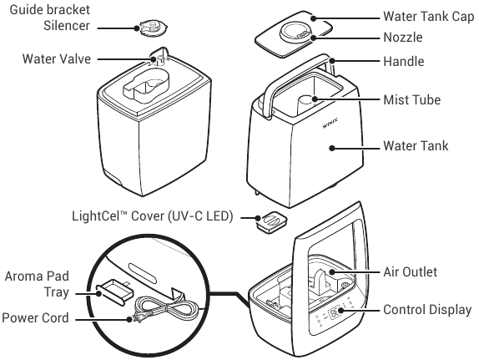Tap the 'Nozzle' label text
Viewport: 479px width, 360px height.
(x=403, y=38)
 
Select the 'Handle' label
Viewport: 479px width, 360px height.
(x=403, y=62)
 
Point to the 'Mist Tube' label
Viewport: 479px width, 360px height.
(x=411, y=99)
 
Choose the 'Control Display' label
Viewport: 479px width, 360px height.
(x=427, y=310)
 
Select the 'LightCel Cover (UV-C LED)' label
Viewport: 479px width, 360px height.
(x=156, y=216)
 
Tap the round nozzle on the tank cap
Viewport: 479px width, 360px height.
(x=297, y=30)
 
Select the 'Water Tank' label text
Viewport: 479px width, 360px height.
(x=415, y=146)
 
